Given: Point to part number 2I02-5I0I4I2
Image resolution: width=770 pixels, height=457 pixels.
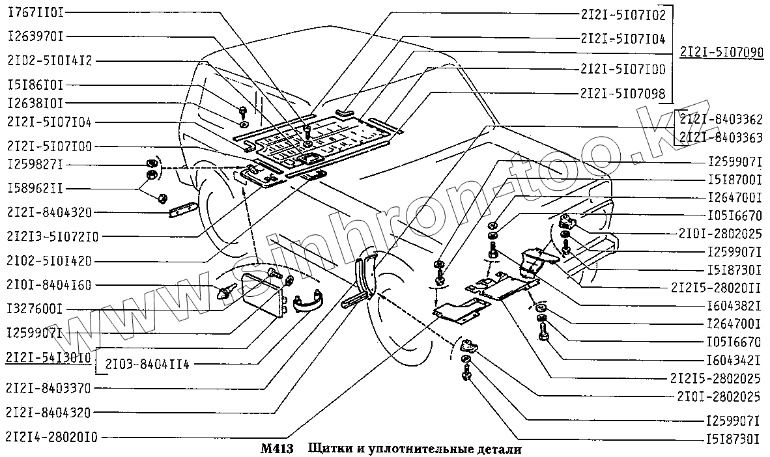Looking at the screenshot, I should [50, 61].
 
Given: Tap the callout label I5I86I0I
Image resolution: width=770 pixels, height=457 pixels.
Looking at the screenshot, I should [36, 85].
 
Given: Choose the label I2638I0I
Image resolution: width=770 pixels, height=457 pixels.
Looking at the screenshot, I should [36, 104].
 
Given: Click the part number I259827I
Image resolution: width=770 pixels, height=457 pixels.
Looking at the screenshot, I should [36, 163].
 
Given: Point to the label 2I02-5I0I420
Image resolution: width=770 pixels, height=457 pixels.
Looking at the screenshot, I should [50, 260].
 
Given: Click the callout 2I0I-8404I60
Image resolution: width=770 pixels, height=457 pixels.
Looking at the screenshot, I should [50, 284].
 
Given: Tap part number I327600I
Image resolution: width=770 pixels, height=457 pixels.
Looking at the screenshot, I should [36, 309].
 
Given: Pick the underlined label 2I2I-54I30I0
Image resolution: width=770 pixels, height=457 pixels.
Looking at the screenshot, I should [50, 357].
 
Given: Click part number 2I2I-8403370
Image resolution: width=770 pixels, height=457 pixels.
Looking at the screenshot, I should [50, 388].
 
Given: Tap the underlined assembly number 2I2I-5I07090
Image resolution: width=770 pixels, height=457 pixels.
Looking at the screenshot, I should [720, 53].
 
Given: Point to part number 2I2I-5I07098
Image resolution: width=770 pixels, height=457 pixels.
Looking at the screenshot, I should [622, 93].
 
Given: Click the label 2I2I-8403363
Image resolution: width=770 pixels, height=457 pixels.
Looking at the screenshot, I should [720, 137].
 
